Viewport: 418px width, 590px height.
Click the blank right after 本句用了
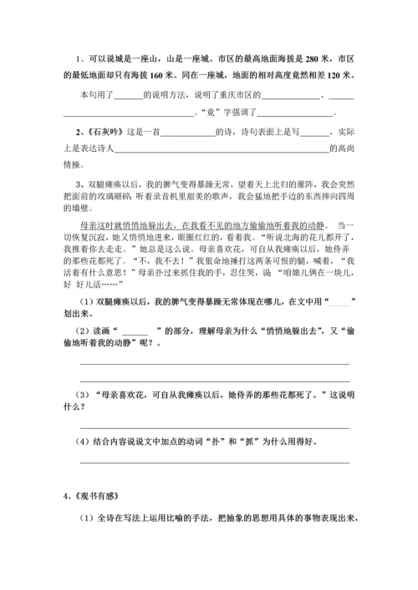130,94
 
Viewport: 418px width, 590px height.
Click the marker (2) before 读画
86,327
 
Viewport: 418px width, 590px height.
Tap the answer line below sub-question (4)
214,461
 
